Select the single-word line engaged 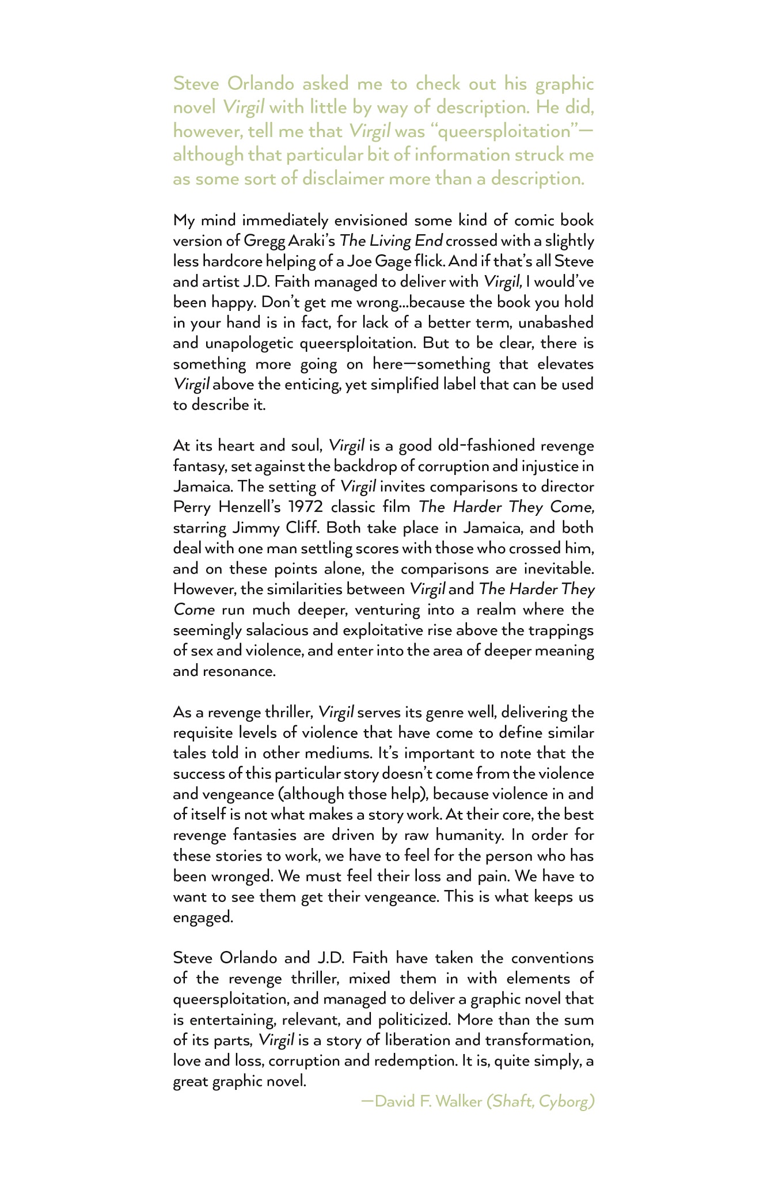pos(203,918)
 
